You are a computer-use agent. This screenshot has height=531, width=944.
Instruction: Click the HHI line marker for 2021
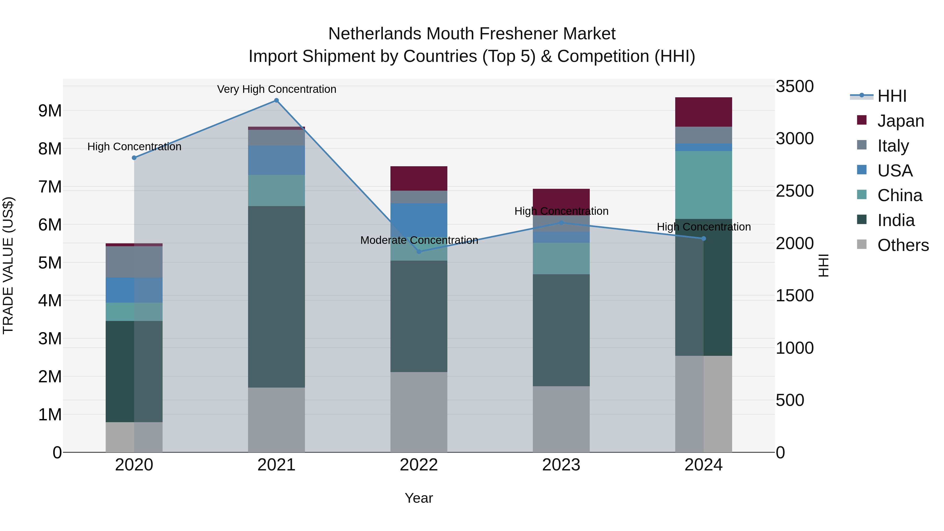tap(276, 100)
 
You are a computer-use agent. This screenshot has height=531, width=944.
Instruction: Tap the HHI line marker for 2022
tap(419, 252)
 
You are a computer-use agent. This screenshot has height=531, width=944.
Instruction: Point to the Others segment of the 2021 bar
tap(276, 420)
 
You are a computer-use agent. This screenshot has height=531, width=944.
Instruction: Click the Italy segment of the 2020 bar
tap(134, 262)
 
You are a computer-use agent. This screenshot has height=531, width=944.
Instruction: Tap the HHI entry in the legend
tap(892, 96)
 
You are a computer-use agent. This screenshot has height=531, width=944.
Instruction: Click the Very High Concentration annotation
tap(276, 89)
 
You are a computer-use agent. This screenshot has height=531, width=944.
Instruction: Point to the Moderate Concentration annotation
tap(419, 240)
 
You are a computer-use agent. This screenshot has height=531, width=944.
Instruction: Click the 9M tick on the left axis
tap(50, 111)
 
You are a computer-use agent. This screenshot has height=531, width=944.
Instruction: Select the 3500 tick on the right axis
tap(795, 87)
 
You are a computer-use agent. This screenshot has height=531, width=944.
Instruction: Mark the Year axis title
tap(419, 498)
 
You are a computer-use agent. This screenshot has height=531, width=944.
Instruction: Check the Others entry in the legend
tap(903, 245)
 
